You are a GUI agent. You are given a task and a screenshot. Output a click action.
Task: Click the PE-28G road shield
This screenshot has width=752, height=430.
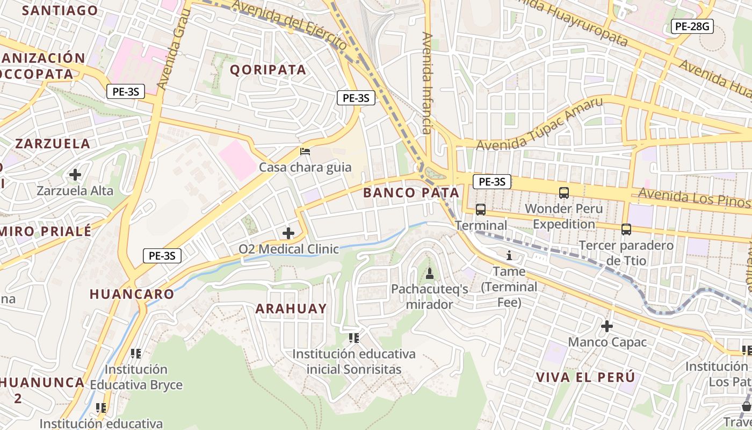coord(692,26)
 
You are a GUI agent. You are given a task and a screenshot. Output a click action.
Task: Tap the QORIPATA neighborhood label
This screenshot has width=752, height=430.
coord(268,69)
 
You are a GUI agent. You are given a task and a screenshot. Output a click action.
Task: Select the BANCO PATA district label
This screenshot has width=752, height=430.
coord(411,192)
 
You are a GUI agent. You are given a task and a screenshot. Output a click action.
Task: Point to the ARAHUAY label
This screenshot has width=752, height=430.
coord(291,309)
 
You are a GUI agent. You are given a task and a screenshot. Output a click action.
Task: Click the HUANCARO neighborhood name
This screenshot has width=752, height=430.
coord(132,294)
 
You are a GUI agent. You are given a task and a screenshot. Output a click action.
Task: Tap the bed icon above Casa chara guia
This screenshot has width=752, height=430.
coord(305,152)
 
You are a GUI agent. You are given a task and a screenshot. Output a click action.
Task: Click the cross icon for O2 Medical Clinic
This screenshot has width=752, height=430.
coord(288,233)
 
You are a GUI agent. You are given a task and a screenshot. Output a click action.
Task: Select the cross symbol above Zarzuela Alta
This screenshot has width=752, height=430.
coord(75,175)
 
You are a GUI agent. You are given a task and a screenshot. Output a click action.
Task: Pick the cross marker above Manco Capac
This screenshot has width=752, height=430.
coord(607,326)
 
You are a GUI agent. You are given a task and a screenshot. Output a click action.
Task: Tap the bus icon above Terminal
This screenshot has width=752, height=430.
coord(480,210)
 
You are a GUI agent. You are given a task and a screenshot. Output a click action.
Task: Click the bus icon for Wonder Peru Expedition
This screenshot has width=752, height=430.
coord(563,192)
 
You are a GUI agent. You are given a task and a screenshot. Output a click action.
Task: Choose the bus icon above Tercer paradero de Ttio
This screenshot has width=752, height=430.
coord(626,230)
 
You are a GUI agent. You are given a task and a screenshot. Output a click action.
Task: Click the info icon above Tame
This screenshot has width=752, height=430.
coord(509,255)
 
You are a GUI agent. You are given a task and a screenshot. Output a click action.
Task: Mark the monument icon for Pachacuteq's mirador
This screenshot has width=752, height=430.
coord(429,274)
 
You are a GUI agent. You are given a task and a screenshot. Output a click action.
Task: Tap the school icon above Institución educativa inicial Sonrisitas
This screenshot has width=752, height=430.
coord(353,338)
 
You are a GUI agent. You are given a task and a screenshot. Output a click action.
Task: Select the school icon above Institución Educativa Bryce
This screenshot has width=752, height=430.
coord(136,354)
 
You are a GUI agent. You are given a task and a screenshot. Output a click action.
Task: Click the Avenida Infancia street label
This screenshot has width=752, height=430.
coord(427,83)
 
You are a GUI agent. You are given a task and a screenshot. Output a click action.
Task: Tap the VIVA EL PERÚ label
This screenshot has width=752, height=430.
coord(585,377)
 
